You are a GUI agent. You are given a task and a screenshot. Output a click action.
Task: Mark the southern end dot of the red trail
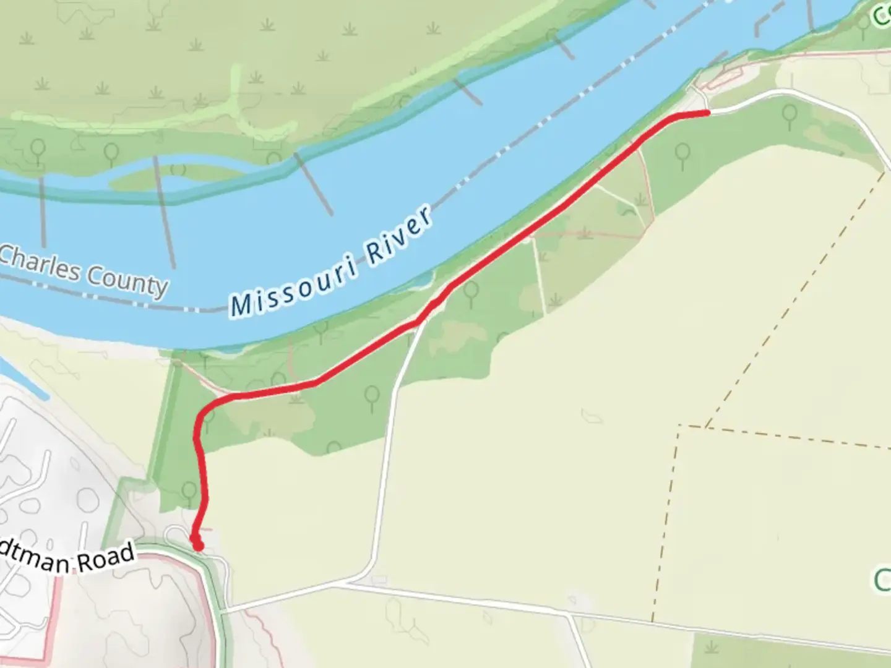tap(197, 546)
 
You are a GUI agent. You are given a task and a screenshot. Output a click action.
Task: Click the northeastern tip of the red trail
tap(707, 113)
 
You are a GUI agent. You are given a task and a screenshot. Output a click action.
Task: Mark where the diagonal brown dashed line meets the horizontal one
tap(705, 427)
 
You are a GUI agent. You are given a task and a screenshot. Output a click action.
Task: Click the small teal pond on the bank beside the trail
tap(421, 282)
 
